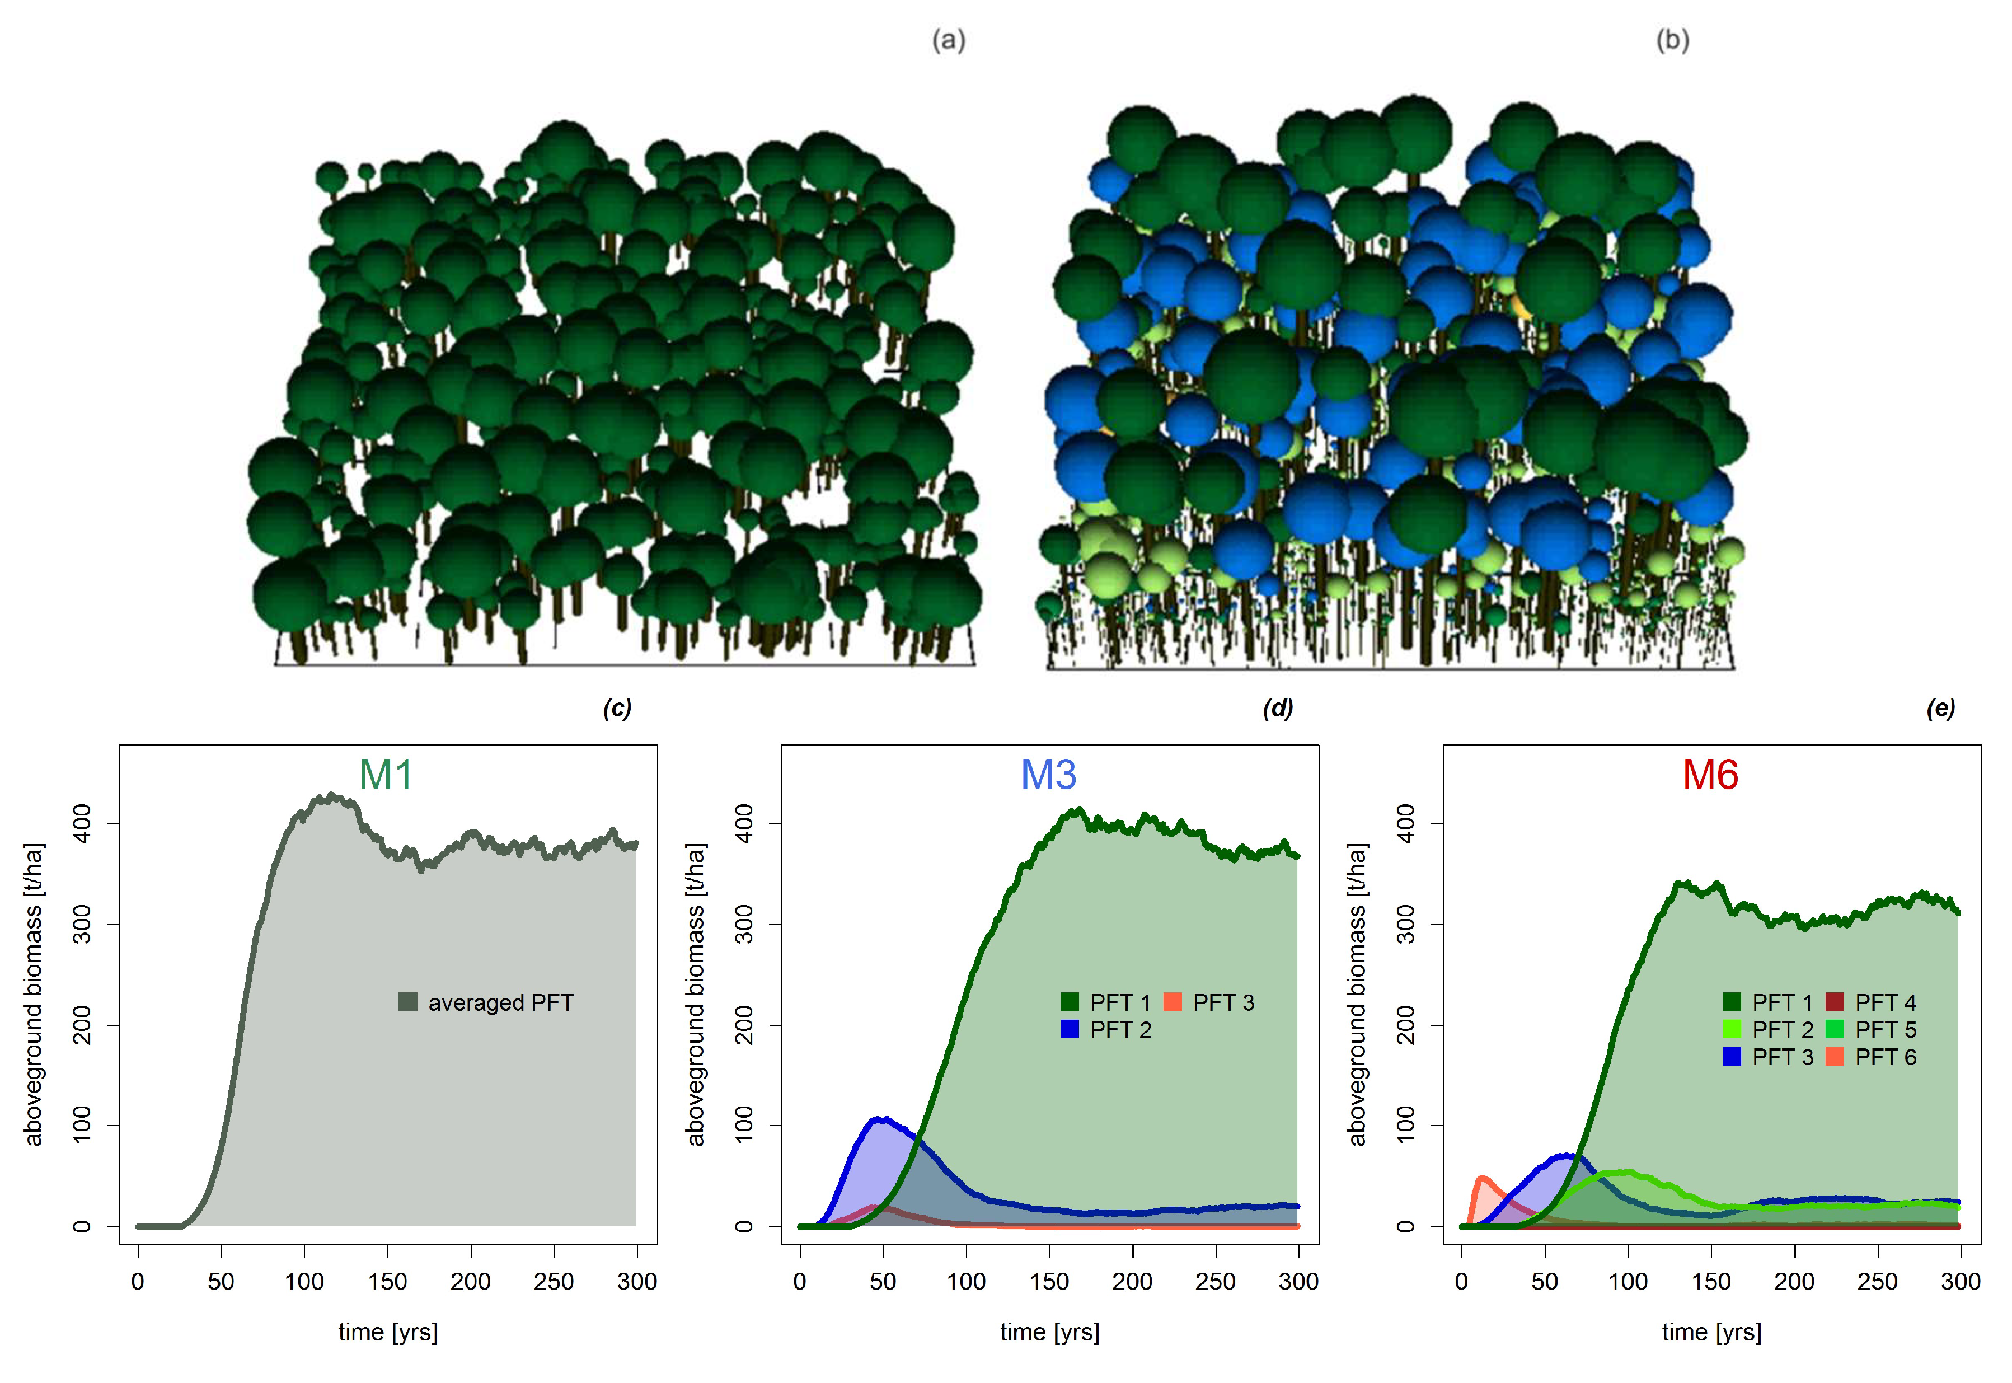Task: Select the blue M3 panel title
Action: (1048, 774)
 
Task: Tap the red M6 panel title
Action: (1710, 774)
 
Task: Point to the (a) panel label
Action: (949, 41)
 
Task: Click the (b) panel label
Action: (1672, 41)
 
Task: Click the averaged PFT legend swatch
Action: (408, 1002)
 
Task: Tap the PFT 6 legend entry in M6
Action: (1872, 1057)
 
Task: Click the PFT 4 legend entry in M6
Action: (1872, 1002)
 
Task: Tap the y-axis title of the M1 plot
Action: (33, 994)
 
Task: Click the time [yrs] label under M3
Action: (1049, 1332)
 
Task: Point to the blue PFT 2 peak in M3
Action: (881, 1119)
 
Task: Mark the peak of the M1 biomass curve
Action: (330, 795)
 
